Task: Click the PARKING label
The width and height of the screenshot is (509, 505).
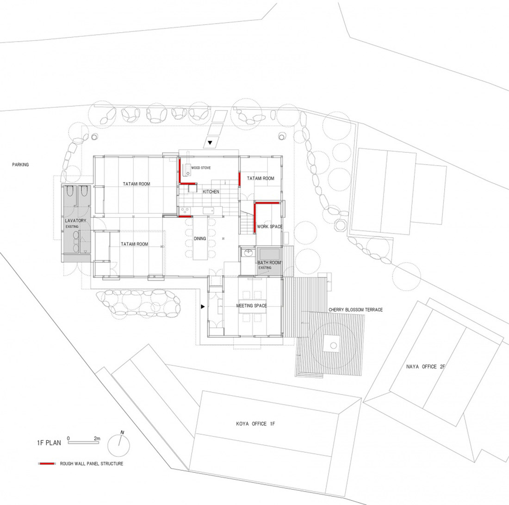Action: pyautogui.click(x=20, y=165)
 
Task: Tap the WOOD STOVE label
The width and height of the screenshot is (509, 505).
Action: pyautogui.click(x=201, y=168)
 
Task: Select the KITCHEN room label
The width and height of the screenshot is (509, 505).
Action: pyautogui.click(x=211, y=191)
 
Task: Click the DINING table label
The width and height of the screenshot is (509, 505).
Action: pyautogui.click(x=200, y=238)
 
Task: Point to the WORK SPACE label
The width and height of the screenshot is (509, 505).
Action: pyautogui.click(x=270, y=227)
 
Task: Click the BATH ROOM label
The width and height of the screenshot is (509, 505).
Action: pyautogui.click(x=269, y=263)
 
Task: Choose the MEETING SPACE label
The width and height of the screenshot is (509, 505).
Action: pyautogui.click(x=252, y=306)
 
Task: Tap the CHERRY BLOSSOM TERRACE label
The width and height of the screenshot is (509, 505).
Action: pyautogui.click(x=356, y=310)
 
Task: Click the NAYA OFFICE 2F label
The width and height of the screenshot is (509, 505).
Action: pyautogui.click(x=425, y=367)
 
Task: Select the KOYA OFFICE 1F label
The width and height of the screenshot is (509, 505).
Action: pyautogui.click(x=256, y=424)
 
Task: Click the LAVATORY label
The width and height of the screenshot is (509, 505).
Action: pyautogui.click(x=75, y=221)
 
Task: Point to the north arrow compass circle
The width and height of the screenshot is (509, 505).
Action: pyautogui.click(x=119, y=445)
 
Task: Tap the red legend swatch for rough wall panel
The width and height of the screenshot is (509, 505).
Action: pyautogui.click(x=47, y=464)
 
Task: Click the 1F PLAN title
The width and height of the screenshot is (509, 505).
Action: pyautogui.click(x=49, y=443)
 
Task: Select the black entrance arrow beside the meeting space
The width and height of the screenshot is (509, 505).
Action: pyautogui.click(x=203, y=306)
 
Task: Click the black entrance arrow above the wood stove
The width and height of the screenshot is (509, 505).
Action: pyautogui.click(x=210, y=142)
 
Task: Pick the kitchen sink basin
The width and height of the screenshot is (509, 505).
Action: pyautogui.click(x=208, y=211)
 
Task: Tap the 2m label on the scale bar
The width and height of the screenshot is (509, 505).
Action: pyautogui.click(x=97, y=438)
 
